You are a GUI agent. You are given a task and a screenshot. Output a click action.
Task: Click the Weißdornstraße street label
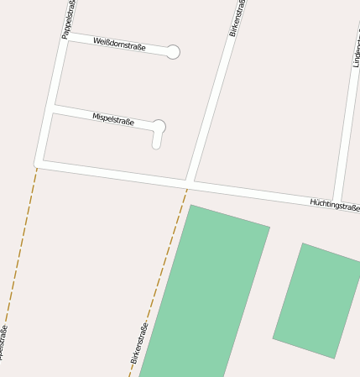119,45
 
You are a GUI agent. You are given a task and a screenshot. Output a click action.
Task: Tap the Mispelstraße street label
114,119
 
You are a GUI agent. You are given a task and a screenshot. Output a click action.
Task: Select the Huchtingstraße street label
334,205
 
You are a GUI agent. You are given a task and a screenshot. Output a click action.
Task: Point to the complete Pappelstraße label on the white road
69,18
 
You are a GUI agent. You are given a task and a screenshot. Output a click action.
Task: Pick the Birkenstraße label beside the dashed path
139,343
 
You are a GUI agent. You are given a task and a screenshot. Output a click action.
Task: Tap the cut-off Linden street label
356,50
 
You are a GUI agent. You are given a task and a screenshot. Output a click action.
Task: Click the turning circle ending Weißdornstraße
173,52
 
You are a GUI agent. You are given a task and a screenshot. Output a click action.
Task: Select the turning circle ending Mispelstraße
158,127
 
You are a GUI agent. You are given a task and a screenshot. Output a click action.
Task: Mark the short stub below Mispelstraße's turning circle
156,141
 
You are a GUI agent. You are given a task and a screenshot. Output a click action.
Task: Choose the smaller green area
317,300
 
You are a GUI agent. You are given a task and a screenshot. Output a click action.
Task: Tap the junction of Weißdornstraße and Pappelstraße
65,37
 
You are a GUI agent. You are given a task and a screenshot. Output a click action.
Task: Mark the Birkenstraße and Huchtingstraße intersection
190,181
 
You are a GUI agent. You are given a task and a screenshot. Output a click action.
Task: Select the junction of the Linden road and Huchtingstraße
337,200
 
